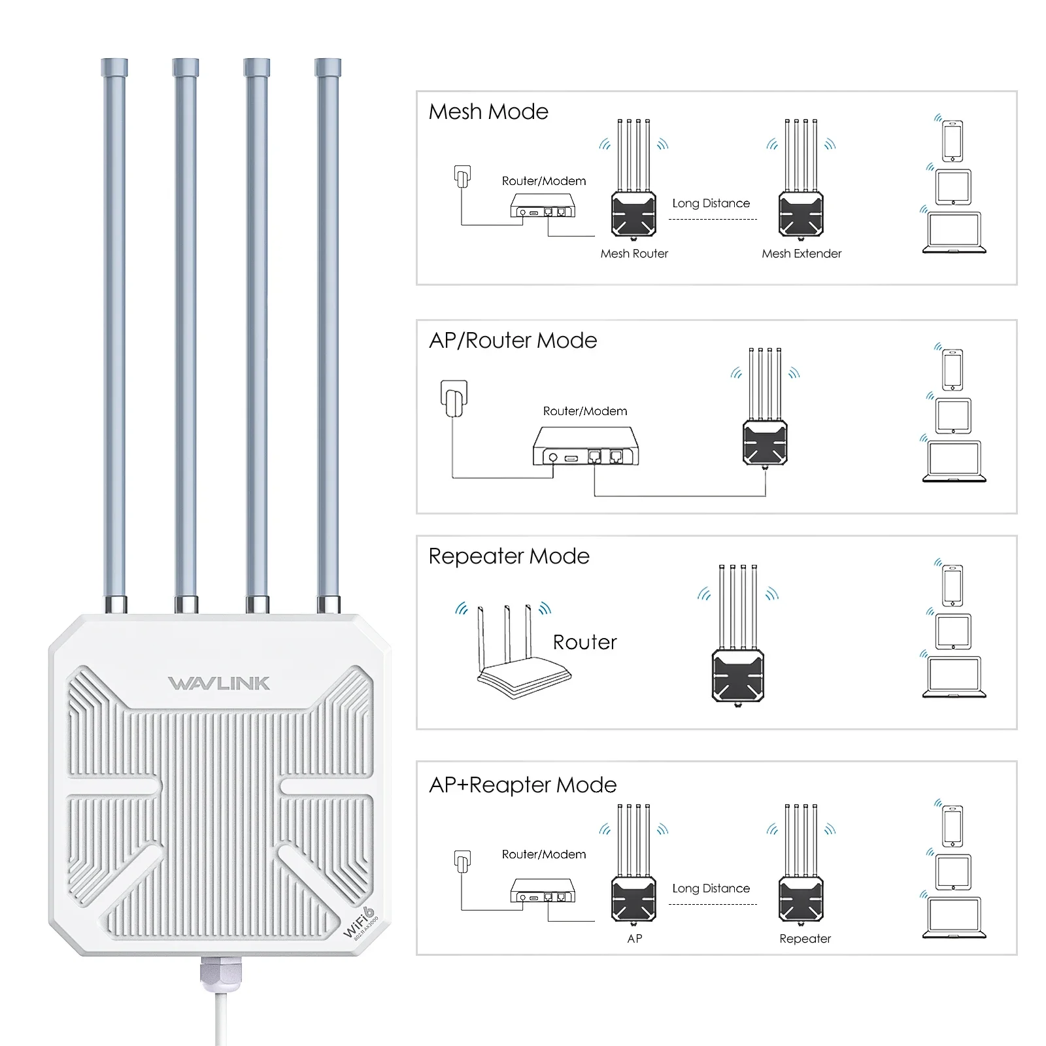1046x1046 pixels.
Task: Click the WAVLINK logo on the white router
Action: coord(219,683)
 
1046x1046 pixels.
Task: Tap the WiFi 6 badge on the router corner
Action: coord(360,922)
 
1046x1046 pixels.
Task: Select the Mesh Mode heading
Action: coord(488,112)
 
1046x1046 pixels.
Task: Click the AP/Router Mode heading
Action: coord(513,341)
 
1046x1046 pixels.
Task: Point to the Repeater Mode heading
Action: coord(509,556)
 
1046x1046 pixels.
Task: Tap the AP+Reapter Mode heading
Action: coord(522,785)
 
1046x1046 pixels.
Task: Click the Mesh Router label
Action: coord(634,254)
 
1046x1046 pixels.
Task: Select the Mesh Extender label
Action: coord(801,254)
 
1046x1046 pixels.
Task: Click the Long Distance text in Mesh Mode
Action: coord(711,203)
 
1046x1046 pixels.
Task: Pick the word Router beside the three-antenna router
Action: coord(584,642)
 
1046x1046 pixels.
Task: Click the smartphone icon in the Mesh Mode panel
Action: coord(953,141)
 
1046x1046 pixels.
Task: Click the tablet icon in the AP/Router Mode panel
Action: coord(953,416)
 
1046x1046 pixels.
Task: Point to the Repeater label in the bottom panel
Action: coord(805,939)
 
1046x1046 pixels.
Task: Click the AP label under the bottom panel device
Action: coord(634,939)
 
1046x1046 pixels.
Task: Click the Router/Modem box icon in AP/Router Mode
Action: coord(586,447)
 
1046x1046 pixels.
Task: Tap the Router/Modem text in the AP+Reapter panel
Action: coord(543,854)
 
